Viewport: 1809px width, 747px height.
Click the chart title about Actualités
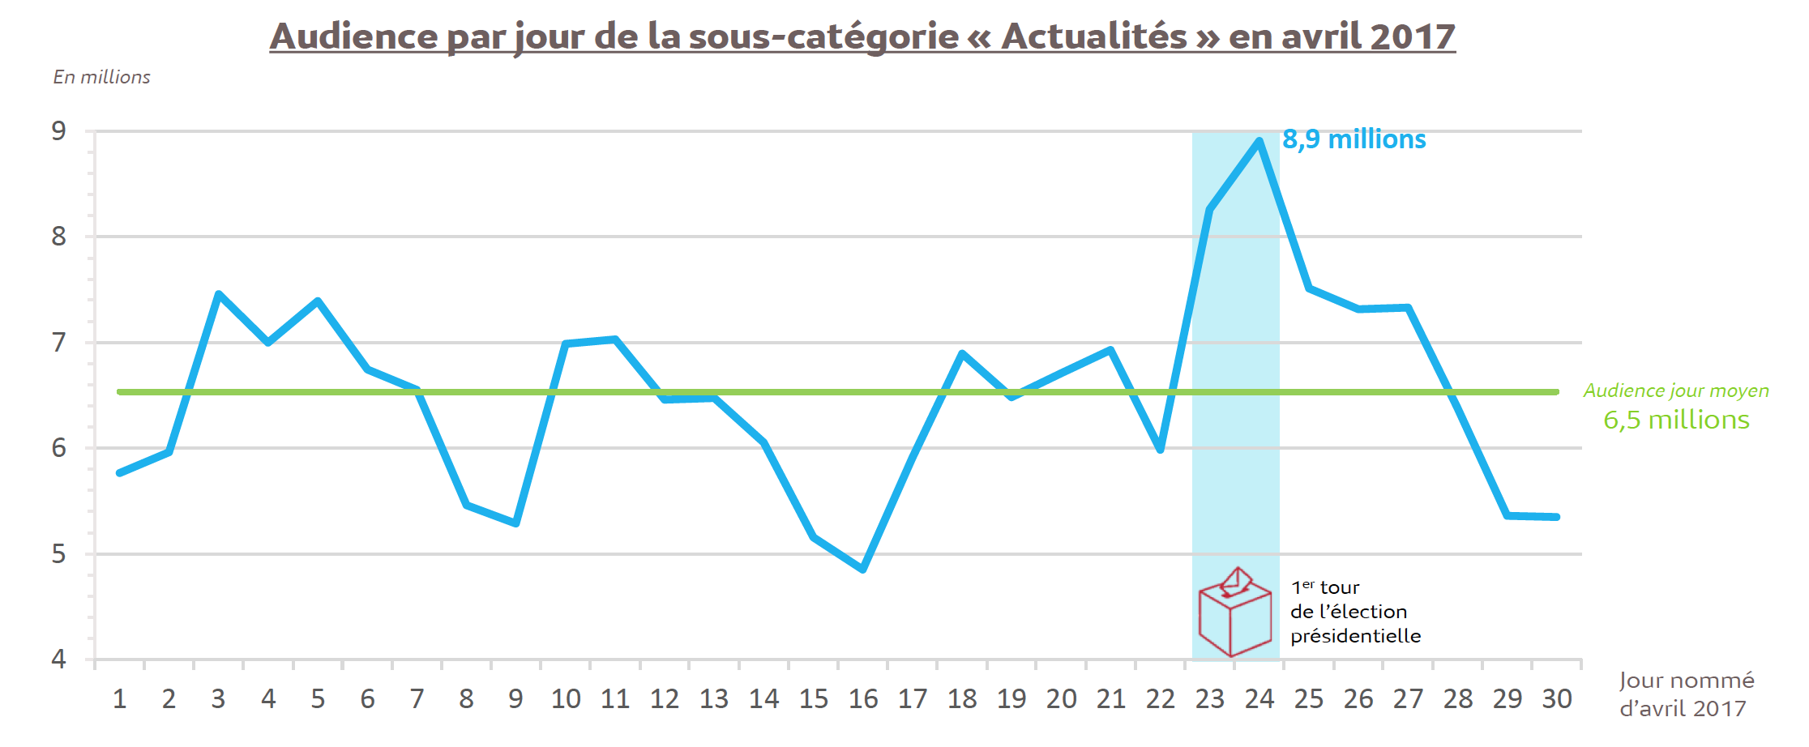pos(862,36)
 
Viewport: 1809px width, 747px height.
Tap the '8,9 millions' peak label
pos(1354,139)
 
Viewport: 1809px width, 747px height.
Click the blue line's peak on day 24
pos(1259,141)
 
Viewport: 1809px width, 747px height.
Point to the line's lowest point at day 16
pos(863,570)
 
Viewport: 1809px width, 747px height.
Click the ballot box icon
pos(1234,613)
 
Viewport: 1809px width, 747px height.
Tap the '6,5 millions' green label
pos(1676,420)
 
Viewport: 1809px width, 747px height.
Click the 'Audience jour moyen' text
pos(1676,391)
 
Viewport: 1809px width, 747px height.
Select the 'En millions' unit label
pos(102,77)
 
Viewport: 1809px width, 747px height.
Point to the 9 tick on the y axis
pos(59,131)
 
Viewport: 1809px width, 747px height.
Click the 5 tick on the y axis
pos(59,554)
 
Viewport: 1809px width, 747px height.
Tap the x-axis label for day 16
pos(863,698)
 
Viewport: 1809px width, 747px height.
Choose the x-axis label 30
pos(1557,698)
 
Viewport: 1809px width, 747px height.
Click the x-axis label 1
pos(119,698)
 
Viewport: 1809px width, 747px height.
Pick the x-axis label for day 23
pos(1209,698)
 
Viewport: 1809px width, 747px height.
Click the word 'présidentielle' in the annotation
pos(1355,636)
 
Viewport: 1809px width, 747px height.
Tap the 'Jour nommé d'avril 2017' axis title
pos(1686,694)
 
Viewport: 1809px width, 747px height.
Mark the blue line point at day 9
pos(516,523)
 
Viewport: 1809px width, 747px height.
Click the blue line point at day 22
pos(1161,450)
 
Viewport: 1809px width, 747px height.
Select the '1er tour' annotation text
pos(1325,587)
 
